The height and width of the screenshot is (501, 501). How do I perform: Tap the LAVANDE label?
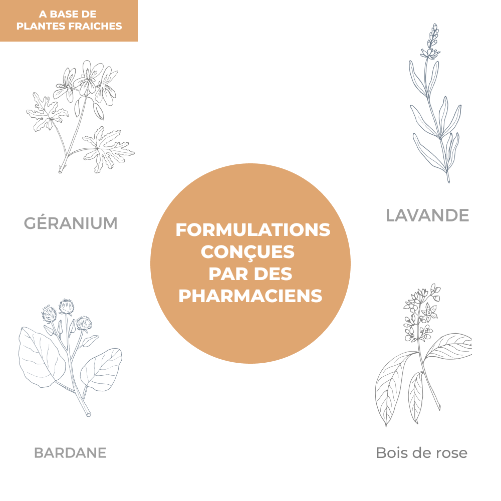(427, 215)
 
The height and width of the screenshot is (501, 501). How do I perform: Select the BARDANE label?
(70, 453)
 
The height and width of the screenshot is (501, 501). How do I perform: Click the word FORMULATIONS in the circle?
(253, 230)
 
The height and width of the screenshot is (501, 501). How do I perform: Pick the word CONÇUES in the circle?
(247, 252)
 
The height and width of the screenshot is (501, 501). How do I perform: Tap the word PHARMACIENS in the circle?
(250, 296)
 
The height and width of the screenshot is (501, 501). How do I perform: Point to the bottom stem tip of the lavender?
(448, 181)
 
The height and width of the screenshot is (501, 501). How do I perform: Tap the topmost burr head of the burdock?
(66, 307)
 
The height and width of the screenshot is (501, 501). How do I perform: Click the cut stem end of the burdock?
(88, 414)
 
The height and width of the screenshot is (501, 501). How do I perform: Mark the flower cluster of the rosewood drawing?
(422, 314)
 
